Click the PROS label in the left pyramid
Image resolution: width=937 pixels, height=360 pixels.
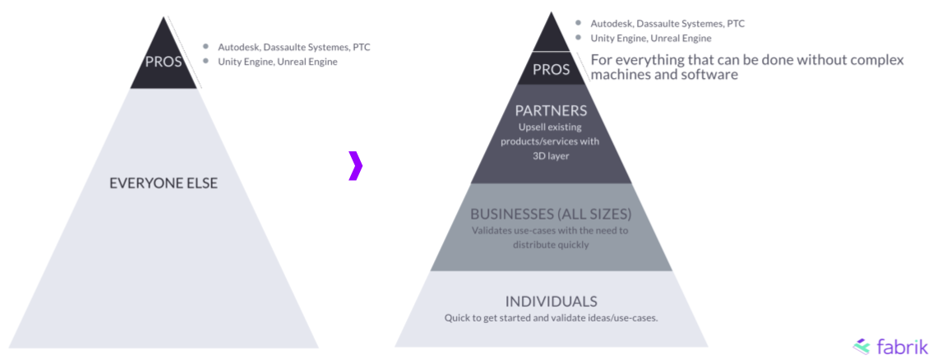click(x=164, y=62)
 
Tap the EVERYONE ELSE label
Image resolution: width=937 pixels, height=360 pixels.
click(x=164, y=182)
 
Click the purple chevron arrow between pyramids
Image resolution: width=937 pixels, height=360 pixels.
click(x=355, y=165)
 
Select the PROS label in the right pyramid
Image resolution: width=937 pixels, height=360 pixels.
click(x=551, y=69)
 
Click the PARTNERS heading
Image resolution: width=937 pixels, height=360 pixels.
click(x=551, y=110)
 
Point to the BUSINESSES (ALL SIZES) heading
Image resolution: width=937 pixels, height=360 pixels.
click(x=551, y=215)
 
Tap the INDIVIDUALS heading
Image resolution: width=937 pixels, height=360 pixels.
click(x=551, y=301)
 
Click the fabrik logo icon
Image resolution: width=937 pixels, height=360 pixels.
click(x=861, y=346)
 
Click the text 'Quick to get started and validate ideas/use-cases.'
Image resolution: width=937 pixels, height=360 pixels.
click(x=551, y=317)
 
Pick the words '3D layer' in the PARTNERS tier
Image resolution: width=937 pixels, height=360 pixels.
click(x=551, y=155)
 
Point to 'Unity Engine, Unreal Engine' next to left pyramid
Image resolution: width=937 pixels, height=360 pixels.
click(x=278, y=62)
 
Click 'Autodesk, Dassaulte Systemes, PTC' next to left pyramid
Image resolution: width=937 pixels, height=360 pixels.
click(x=294, y=47)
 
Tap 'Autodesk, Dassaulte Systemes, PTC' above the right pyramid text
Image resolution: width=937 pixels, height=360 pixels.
click(x=667, y=24)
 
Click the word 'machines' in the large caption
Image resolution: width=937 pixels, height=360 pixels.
click(x=624, y=75)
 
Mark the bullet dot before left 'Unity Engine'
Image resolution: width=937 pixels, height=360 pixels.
click(x=205, y=62)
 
